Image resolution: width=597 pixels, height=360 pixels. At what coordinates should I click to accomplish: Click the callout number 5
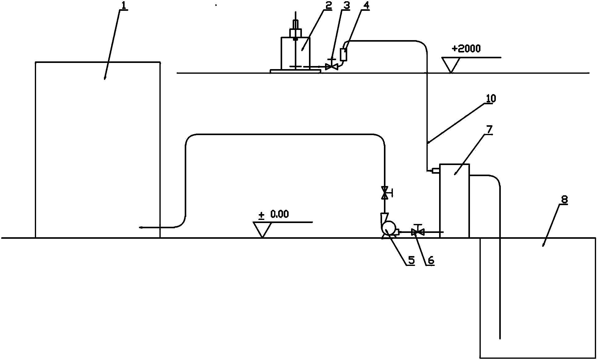tap(411, 261)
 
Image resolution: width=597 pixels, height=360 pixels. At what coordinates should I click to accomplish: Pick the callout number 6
tap(430, 261)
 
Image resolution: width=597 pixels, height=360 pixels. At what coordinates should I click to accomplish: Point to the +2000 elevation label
tap(466, 49)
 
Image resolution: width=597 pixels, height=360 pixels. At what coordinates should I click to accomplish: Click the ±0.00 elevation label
tap(274, 214)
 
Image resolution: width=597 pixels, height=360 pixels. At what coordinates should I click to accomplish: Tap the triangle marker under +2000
tap(451, 65)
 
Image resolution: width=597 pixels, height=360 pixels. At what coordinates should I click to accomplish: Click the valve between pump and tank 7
tap(418, 231)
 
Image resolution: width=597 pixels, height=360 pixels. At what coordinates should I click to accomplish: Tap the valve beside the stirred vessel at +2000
tap(332, 65)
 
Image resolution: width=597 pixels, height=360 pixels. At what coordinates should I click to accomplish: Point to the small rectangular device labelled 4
tap(343, 55)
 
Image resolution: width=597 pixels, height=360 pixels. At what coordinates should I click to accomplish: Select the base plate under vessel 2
tap(295, 71)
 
